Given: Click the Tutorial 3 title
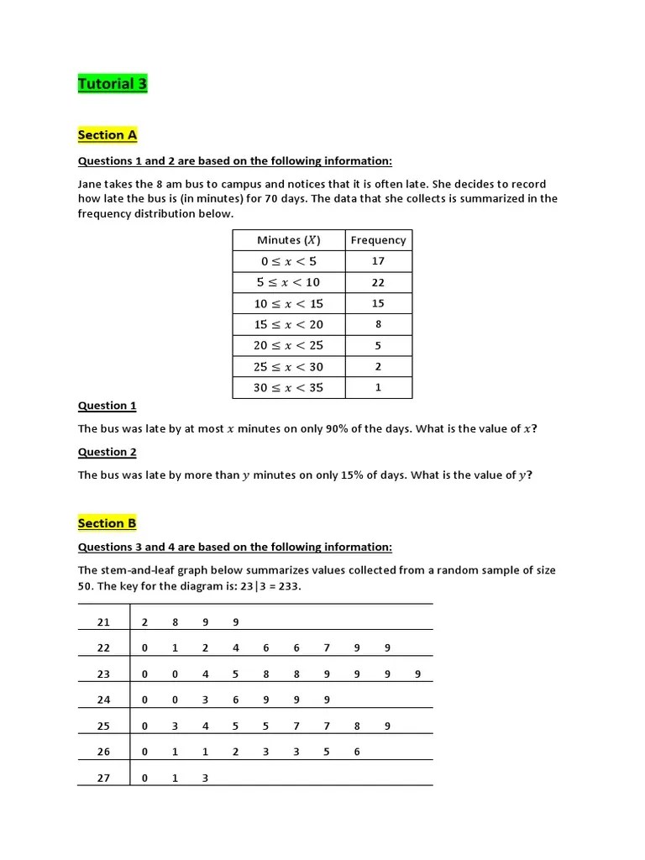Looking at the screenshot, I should point(113,83).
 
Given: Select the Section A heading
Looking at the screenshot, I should point(107,135).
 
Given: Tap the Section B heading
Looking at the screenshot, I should point(107,523).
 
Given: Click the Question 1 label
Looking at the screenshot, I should point(107,406).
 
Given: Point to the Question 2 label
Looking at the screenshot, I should point(107,452).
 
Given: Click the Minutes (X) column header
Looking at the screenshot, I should point(288,240).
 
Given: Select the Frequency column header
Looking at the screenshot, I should point(378,240).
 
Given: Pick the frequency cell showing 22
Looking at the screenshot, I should point(378,282).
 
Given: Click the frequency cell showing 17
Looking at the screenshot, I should point(378,261).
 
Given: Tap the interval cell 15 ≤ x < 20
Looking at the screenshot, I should point(288,324).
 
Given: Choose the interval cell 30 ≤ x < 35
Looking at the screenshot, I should point(288,387).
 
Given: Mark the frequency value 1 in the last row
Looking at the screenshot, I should point(378,387).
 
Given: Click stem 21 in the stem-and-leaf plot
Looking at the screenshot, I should point(103,622).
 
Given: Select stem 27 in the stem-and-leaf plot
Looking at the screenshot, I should point(103,778).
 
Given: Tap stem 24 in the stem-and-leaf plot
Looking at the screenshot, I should point(103,700).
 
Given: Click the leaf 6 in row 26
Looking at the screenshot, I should point(357,752).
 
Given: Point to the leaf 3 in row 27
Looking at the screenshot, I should point(205,778).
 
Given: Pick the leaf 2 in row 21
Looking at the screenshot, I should point(144,622).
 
